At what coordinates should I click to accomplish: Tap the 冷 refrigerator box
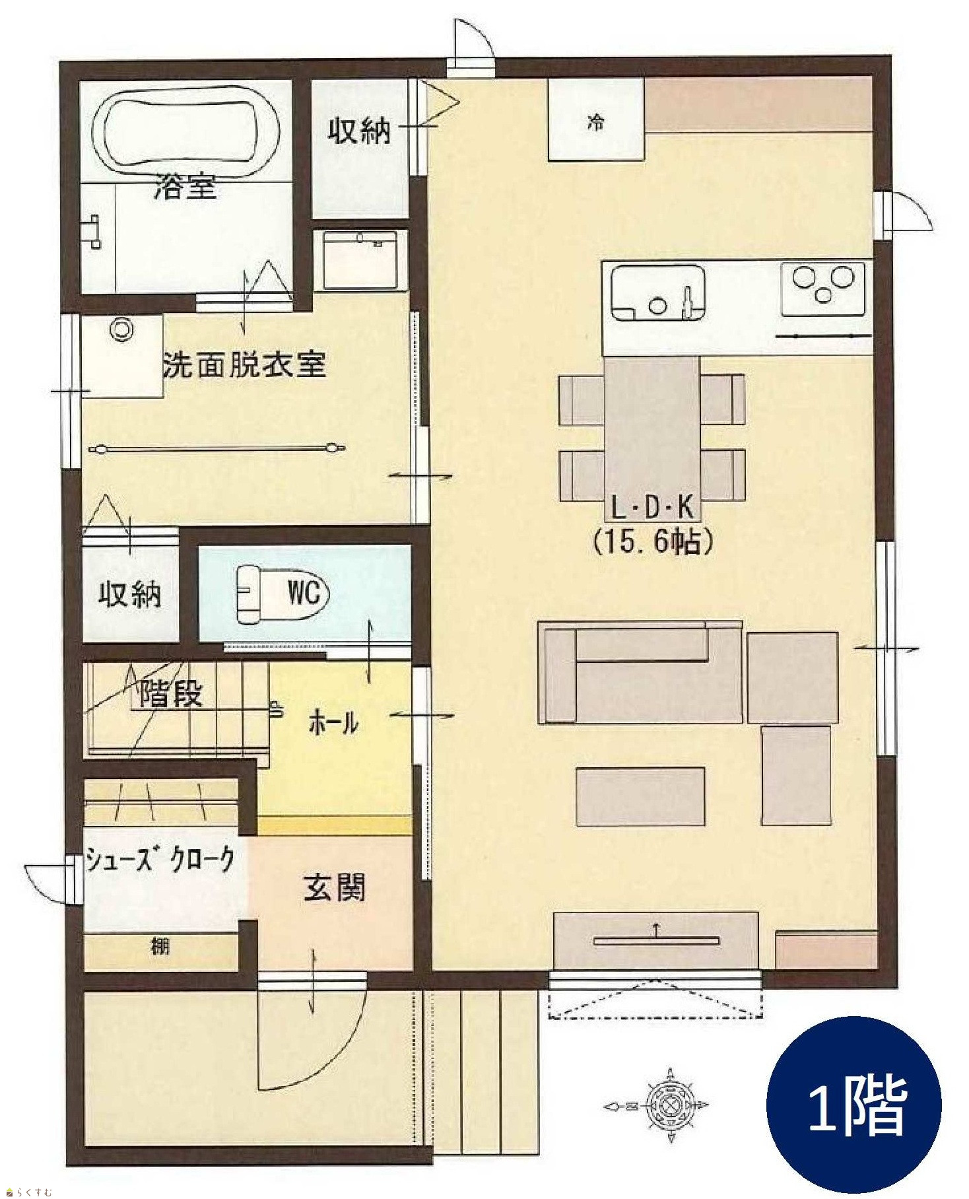(x=596, y=120)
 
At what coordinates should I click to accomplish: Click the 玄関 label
(x=334, y=887)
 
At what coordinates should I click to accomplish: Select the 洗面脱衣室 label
(x=245, y=365)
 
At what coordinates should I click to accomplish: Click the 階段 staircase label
(x=172, y=693)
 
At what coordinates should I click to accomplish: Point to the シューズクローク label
(x=160, y=860)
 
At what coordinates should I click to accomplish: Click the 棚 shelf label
(x=160, y=946)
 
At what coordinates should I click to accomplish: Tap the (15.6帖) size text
(x=653, y=541)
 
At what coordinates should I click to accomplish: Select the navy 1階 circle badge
(x=854, y=1105)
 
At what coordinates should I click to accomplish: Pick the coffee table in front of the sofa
(x=640, y=796)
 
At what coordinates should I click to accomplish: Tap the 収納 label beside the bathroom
(x=360, y=131)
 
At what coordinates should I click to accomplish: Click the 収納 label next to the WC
(x=130, y=594)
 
